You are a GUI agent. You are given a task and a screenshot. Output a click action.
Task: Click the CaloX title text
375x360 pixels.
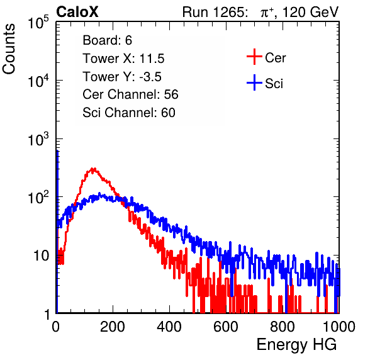click(x=77, y=12)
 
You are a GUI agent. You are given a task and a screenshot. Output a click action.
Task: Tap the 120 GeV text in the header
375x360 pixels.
click(x=310, y=12)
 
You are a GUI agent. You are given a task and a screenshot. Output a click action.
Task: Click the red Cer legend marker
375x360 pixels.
click(x=254, y=57)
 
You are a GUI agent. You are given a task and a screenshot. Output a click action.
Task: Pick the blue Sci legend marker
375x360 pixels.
click(x=254, y=83)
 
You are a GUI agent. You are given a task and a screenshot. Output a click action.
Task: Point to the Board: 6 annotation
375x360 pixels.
click(x=107, y=40)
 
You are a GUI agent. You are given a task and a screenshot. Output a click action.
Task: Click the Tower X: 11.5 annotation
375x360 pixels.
click(x=123, y=59)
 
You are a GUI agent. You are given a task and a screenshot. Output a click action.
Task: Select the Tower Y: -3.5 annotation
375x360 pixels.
click(x=122, y=77)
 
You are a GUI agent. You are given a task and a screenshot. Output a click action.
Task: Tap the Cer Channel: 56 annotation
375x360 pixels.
click(x=130, y=94)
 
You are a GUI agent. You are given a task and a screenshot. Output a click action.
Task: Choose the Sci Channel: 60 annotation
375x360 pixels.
click(x=129, y=113)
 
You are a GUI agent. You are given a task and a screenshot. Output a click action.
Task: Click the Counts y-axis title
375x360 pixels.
click(x=9, y=49)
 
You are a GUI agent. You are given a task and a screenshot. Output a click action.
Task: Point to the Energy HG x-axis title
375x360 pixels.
click(x=296, y=345)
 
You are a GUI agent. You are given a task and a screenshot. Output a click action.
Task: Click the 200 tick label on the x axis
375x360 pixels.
click(x=113, y=327)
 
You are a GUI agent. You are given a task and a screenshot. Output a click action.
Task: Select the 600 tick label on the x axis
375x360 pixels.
click(x=226, y=327)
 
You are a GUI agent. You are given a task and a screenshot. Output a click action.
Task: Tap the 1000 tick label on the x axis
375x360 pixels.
click(x=339, y=327)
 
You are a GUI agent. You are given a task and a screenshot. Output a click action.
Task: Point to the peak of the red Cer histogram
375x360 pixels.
click(x=93, y=169)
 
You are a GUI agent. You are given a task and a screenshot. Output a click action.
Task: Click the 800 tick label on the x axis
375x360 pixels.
click(x=283, y=327)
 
